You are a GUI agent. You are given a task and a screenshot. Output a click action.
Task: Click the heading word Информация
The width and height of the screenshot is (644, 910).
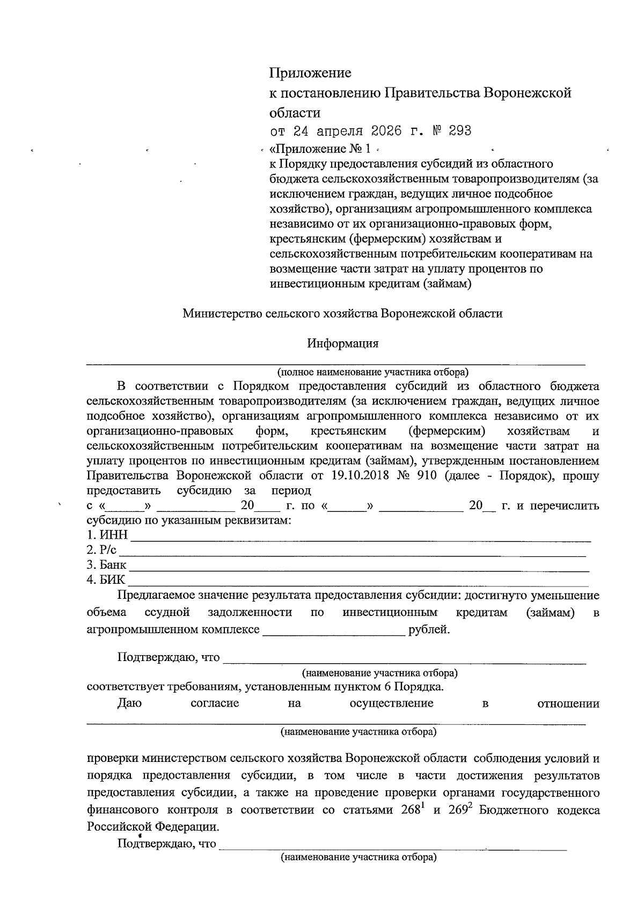coord(343,343)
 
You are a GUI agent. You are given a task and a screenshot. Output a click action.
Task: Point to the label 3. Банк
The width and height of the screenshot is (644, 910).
coord(107,565)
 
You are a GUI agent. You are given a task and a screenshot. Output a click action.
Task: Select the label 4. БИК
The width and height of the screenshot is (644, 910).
coord(106,580)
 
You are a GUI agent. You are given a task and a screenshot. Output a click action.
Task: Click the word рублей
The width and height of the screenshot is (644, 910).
coord(429,629)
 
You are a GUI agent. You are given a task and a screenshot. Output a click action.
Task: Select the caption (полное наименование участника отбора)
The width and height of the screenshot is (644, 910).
coord(372,372)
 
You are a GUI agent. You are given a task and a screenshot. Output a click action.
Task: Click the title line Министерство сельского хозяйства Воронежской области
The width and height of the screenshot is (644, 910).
coord(342,314)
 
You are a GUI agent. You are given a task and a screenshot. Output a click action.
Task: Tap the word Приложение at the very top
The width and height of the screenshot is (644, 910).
coord(310,72)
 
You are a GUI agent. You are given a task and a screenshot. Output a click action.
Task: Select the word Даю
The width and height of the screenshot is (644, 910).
coord(129,703)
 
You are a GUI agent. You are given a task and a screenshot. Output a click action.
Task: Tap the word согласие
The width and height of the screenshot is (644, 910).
coord(215,703)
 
